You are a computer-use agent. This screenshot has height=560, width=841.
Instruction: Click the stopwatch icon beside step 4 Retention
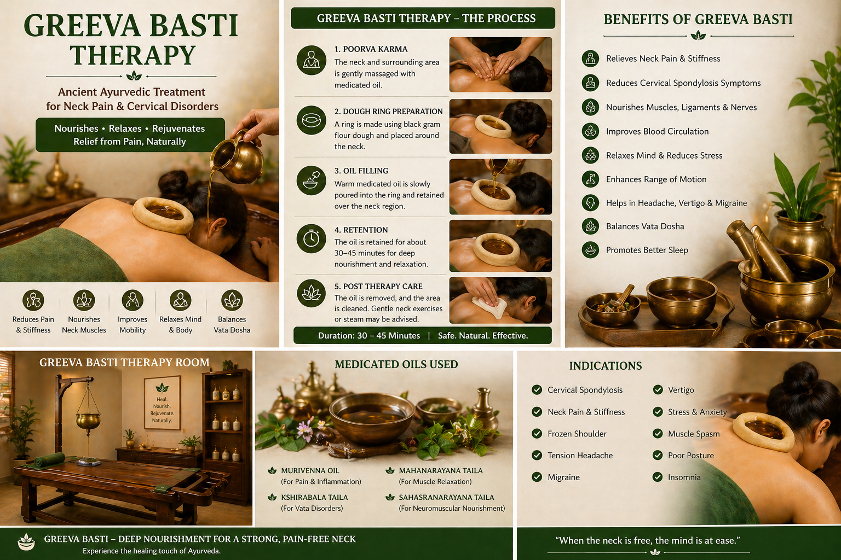(311, 238)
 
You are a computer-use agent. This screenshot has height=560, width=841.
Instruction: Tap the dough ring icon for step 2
(311, 120)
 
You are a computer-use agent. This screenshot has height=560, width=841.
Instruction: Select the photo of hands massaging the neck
(500, 65)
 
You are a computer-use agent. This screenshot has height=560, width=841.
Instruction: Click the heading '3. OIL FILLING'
(361, 171)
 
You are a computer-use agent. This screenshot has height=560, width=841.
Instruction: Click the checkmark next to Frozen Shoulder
(537, 434)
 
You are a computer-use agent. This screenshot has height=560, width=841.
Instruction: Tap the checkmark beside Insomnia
(658, 477)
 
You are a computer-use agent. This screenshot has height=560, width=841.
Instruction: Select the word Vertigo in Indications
(681, 390)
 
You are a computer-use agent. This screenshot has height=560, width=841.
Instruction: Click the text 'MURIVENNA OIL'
(310, 470)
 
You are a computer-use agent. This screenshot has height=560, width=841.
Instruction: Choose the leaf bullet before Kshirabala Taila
(272, 497)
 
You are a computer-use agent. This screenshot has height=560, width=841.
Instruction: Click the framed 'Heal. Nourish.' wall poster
(162, 402)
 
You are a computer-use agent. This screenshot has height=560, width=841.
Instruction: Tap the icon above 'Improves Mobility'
(133, 300)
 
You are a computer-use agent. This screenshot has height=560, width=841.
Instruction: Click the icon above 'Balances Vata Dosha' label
(232, 300)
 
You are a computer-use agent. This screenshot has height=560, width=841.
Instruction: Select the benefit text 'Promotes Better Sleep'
(647, 250)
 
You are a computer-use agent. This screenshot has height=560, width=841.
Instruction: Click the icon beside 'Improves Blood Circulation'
(591, 131)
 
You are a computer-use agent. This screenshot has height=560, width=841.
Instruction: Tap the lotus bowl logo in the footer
(26, 542)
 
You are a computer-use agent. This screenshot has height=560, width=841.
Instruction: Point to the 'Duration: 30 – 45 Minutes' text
(368, 336)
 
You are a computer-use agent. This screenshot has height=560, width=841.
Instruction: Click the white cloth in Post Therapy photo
(486, 307)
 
